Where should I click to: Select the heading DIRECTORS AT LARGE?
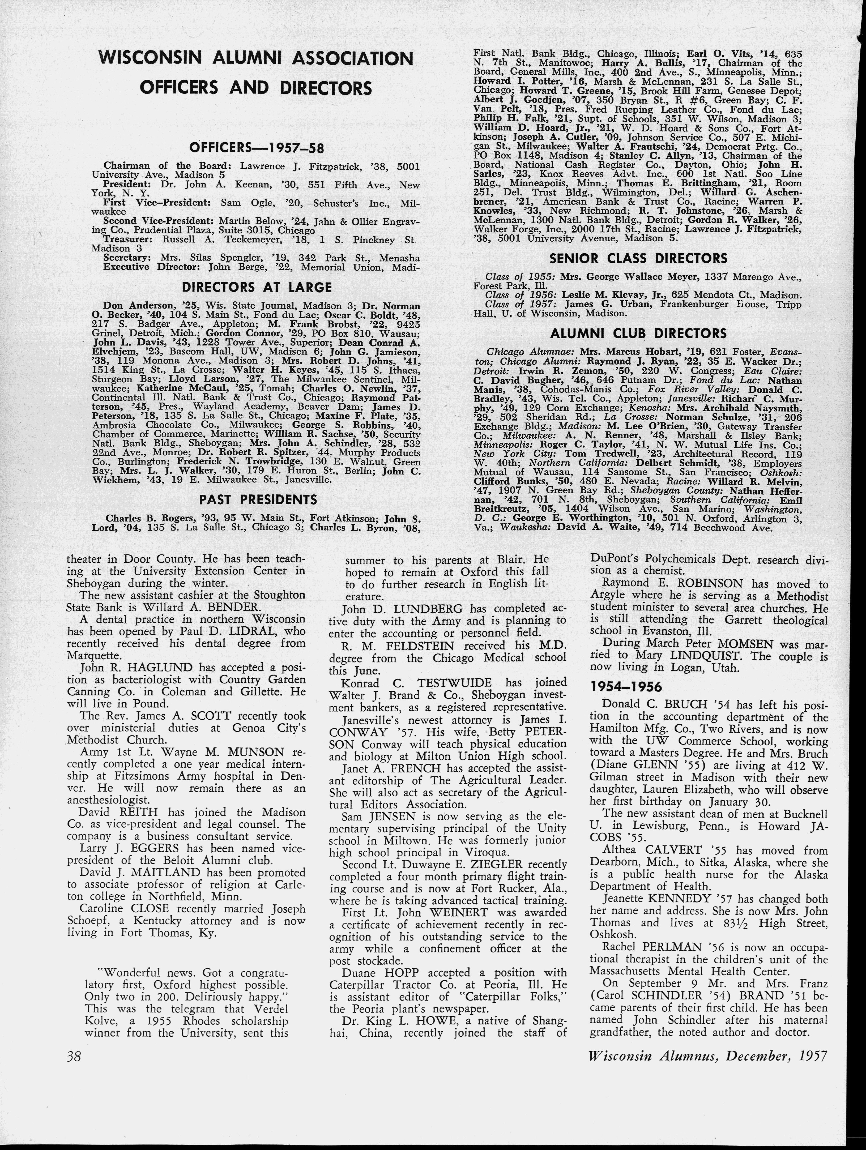click(257, 287)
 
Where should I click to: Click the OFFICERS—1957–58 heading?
click(257, 148)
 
